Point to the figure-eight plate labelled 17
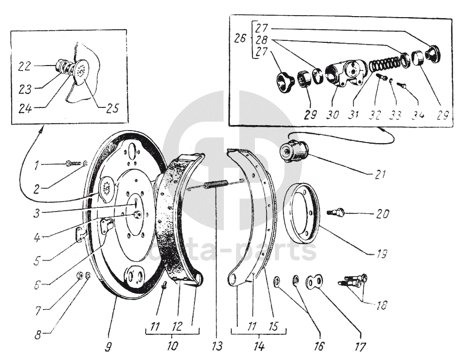coord(314,281)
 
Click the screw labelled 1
coord(73,163)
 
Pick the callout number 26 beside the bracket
coord(240,39)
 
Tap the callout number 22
coord(24,66)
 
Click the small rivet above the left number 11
coord(165,284)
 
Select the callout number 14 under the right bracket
coord(258,346)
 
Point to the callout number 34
coord(418,114)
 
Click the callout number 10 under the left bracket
coord(172,346)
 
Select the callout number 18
coord(381,305)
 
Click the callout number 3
coord(36,213)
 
